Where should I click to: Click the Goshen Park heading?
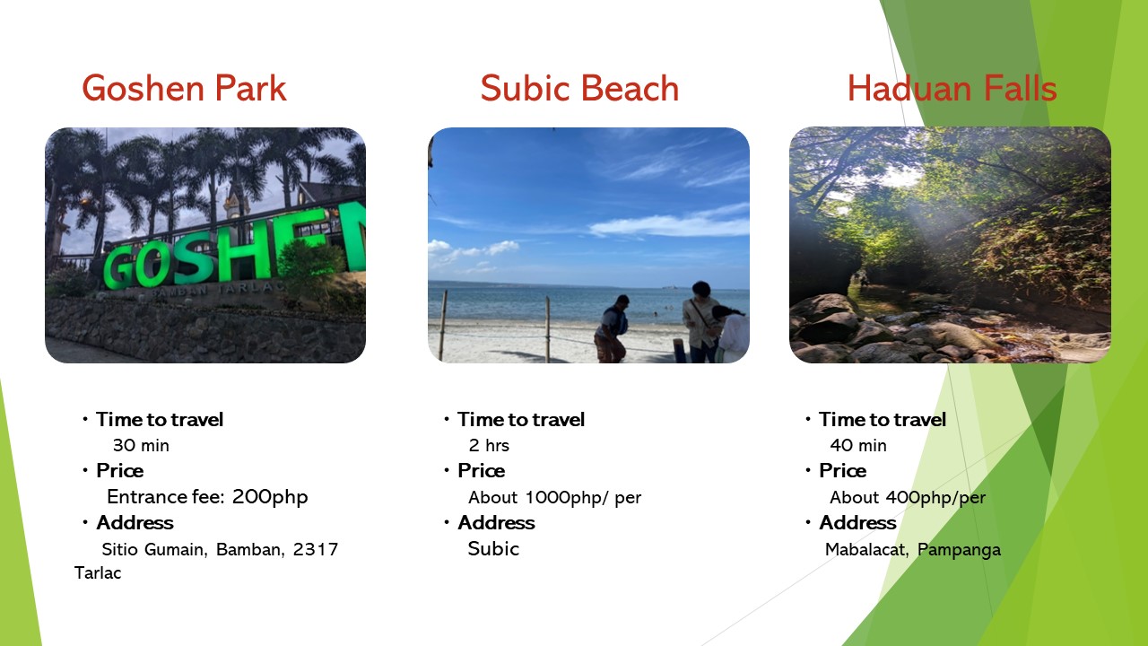pyautogui.click(x=184, y=88)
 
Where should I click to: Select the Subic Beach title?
pyautogui.click(x=579, y=88)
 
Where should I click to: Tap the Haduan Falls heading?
pyautogui.click(x=952, y=88)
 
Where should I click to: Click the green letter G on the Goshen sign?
pyautogui.click(x=119, y=267)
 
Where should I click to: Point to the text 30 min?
pyautogui.click(x=141, y=446)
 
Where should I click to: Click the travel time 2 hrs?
pyautogui.click(x=489, y=446)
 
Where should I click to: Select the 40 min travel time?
pyautogui.click(x=858, y=446)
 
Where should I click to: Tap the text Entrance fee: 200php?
pyautogui.click(x=207, y=497)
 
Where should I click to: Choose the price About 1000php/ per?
pyautogui.click(x=555, y=498)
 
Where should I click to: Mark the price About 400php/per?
pyautogui.click(x=908, y=498)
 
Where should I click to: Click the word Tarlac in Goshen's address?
pyautogui.click(x=98, y=572)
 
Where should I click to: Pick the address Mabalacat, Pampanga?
pyautogui.click(x=913, y=550)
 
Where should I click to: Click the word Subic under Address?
pyautogui.click(x=493, y=549)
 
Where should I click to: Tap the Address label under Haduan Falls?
pyautogui.click(x=858, y=523)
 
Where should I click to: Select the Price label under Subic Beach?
pyautogui.click(x=482, y=471)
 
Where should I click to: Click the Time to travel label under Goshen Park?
pyautogui.click(x=160, y=419)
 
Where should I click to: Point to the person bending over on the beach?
pyautogui.click(x=612, y=329)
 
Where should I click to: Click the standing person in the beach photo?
pyautogui.click(x=700, y=322)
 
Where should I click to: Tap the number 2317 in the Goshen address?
pyautogui.click(x=316, y=550)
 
